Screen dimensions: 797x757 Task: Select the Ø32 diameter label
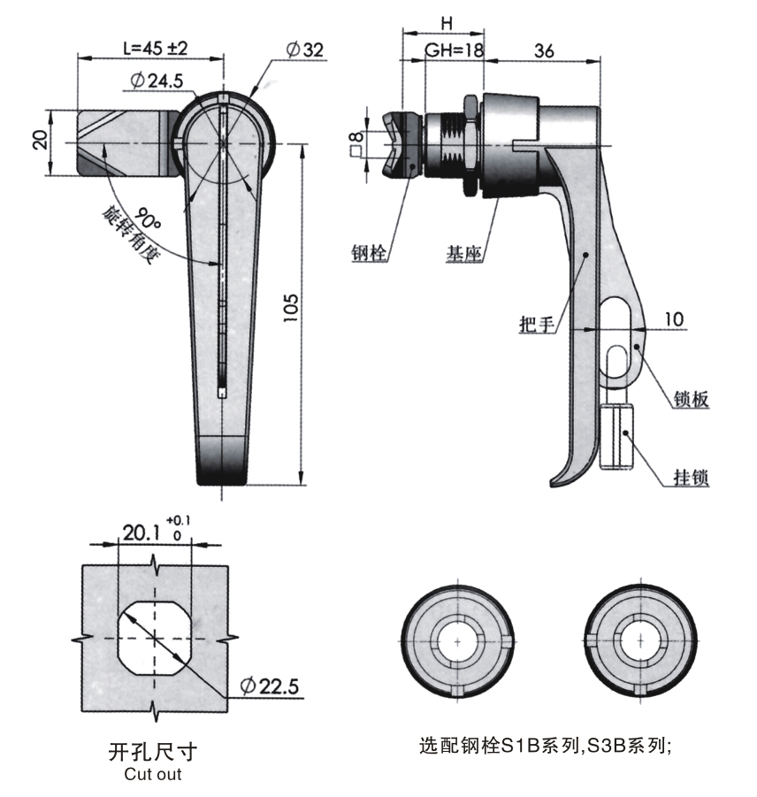305,50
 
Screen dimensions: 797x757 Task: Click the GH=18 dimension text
455,51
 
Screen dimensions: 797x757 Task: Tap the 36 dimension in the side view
544,50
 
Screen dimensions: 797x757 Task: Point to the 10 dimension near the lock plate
674,319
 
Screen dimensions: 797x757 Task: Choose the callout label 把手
536,325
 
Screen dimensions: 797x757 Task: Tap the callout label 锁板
691,400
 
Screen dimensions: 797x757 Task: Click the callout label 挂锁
691,479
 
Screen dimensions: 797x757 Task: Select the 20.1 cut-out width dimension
142,533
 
